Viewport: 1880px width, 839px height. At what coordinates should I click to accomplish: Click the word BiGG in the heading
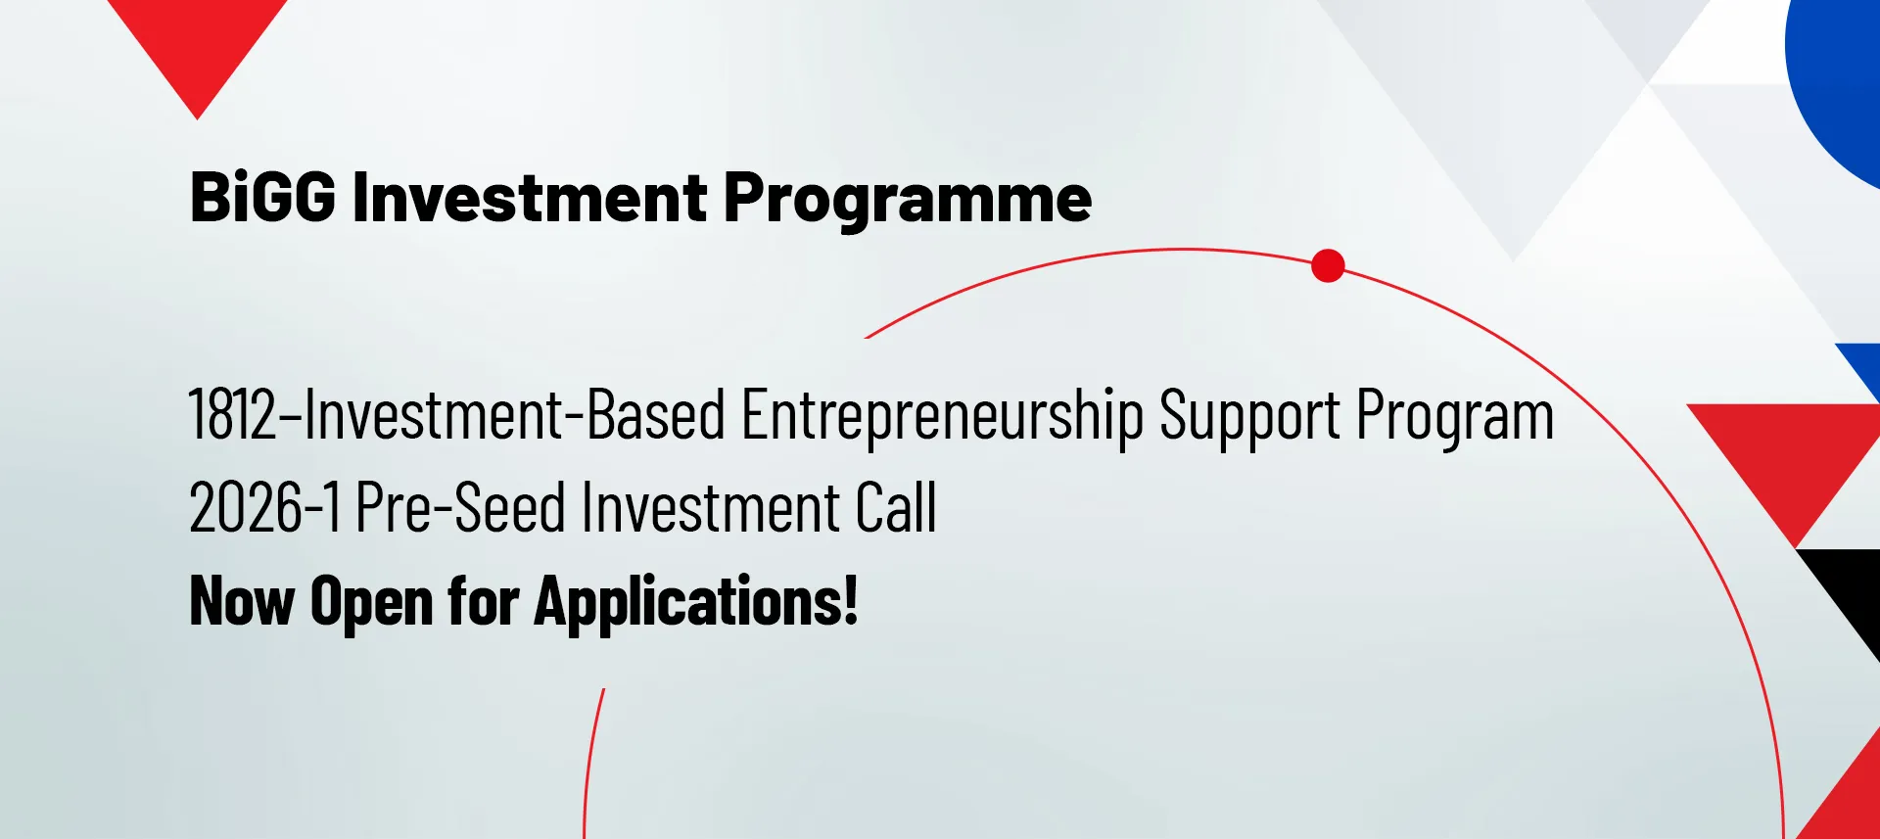tap(262, 198)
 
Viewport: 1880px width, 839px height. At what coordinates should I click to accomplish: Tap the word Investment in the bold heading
tap(530, 198)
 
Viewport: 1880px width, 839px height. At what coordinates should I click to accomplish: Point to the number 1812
tap(233, 414)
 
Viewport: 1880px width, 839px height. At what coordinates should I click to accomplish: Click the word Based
tap(656, 414)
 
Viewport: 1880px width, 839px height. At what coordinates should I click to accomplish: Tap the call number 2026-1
tap(265, 507)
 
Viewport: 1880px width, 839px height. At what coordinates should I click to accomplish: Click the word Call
tap(896, 507)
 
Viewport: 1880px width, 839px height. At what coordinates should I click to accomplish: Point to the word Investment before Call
tap(712, 507)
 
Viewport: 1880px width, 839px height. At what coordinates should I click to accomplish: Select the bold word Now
tap(242, 600)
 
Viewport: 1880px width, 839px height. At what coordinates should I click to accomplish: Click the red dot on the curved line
tap(1328, 265)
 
